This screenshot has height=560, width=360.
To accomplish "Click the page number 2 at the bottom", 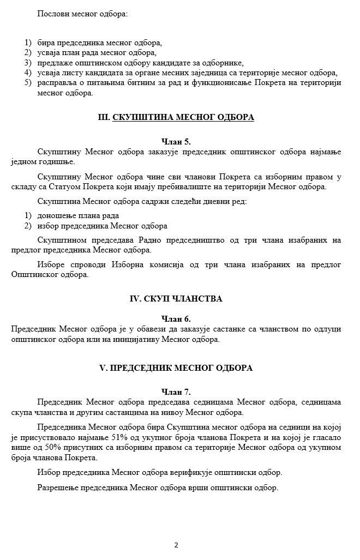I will pos(176,545).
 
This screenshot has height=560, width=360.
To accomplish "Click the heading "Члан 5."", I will pos(176,141).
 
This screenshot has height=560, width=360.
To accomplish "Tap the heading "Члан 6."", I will pos(176,319).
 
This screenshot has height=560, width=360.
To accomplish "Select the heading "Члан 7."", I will pos(176,392).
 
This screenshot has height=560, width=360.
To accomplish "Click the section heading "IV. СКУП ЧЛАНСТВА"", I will pos(176,299).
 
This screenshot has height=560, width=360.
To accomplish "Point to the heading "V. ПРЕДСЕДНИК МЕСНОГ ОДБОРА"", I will pos(176,368).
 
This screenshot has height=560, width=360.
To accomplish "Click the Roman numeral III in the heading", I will pos(104,117).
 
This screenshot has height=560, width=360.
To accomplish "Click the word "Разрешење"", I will pos(58,487).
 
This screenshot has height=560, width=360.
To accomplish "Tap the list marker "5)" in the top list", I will pos(28,83).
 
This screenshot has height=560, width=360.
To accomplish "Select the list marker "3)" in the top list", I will pos(28,63).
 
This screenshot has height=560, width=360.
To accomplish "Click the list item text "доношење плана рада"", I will pos(78,216).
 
